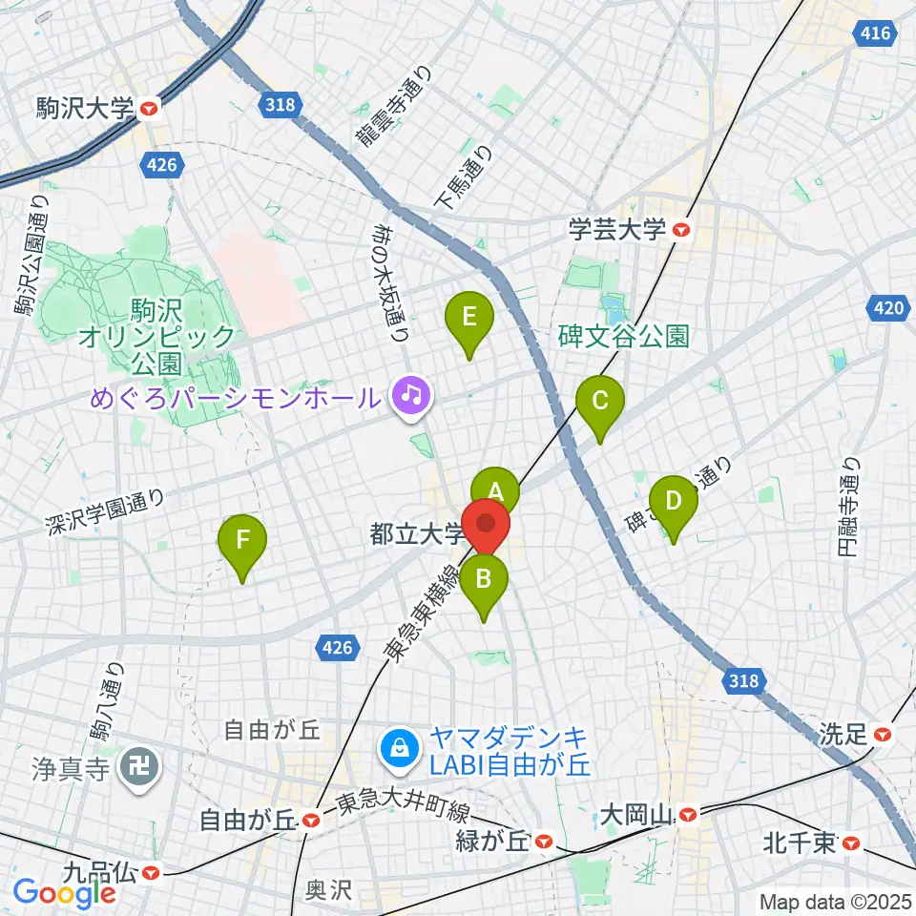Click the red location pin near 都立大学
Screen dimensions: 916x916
(488, 526)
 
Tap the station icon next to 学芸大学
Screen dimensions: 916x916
(680, 229)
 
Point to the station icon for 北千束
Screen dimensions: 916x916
(852, 843)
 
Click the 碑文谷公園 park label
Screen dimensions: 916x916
(624, 336)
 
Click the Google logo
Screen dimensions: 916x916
(63, 893)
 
